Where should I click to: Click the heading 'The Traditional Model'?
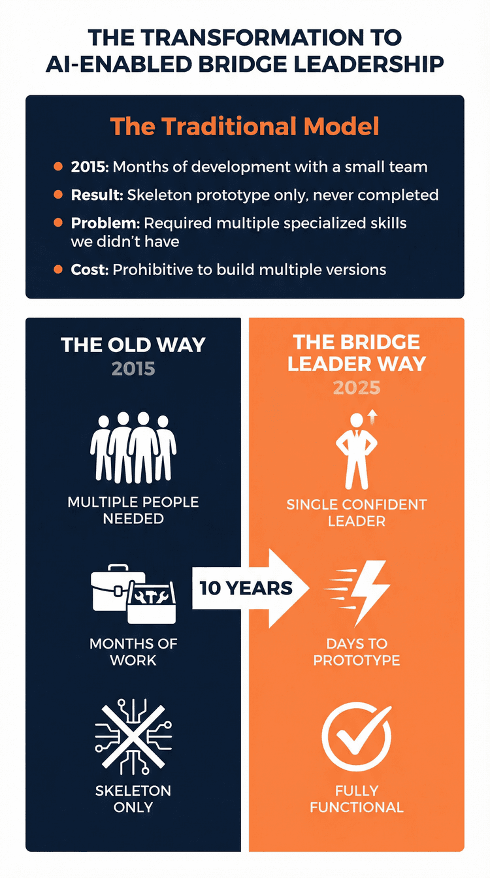click(x=244, y=126)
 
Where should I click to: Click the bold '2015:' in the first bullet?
click(x=90, y=167)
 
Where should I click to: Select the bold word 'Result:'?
click(x=97, y=195)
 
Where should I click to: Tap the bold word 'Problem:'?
click(x=105, y=223)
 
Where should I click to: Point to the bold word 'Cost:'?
click(x=90, y=270)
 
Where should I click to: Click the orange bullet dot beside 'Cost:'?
click(x=58, y=269)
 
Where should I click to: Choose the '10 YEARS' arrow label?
click(x=246, y=589)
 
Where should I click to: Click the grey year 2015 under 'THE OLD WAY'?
click(x=133, y=368)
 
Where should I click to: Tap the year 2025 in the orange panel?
click(x=357, y=387)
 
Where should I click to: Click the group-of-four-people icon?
click(x=133, y=447)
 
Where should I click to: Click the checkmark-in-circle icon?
click(x=357, y=736)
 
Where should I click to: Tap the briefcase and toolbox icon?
click(x=133, y=593)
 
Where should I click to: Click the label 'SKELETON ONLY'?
click(x=133, y=799)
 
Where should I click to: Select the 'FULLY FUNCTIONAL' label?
click(x=357, y=799)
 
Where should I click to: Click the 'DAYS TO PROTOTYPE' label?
click(x=357, y=652)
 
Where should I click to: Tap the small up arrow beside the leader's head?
click(x=373, y=417)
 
